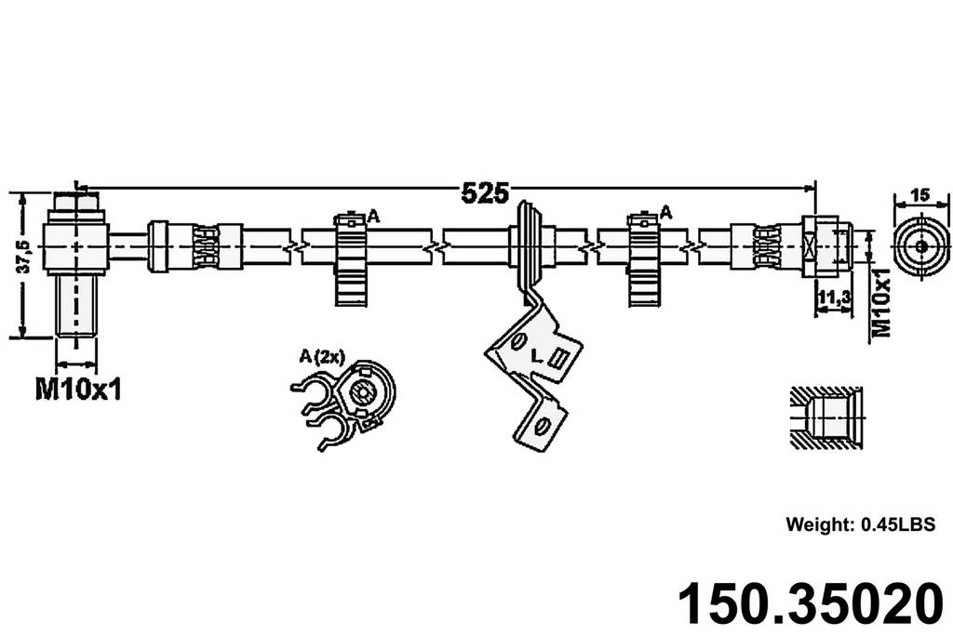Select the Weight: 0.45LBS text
859,523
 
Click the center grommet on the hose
527,246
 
